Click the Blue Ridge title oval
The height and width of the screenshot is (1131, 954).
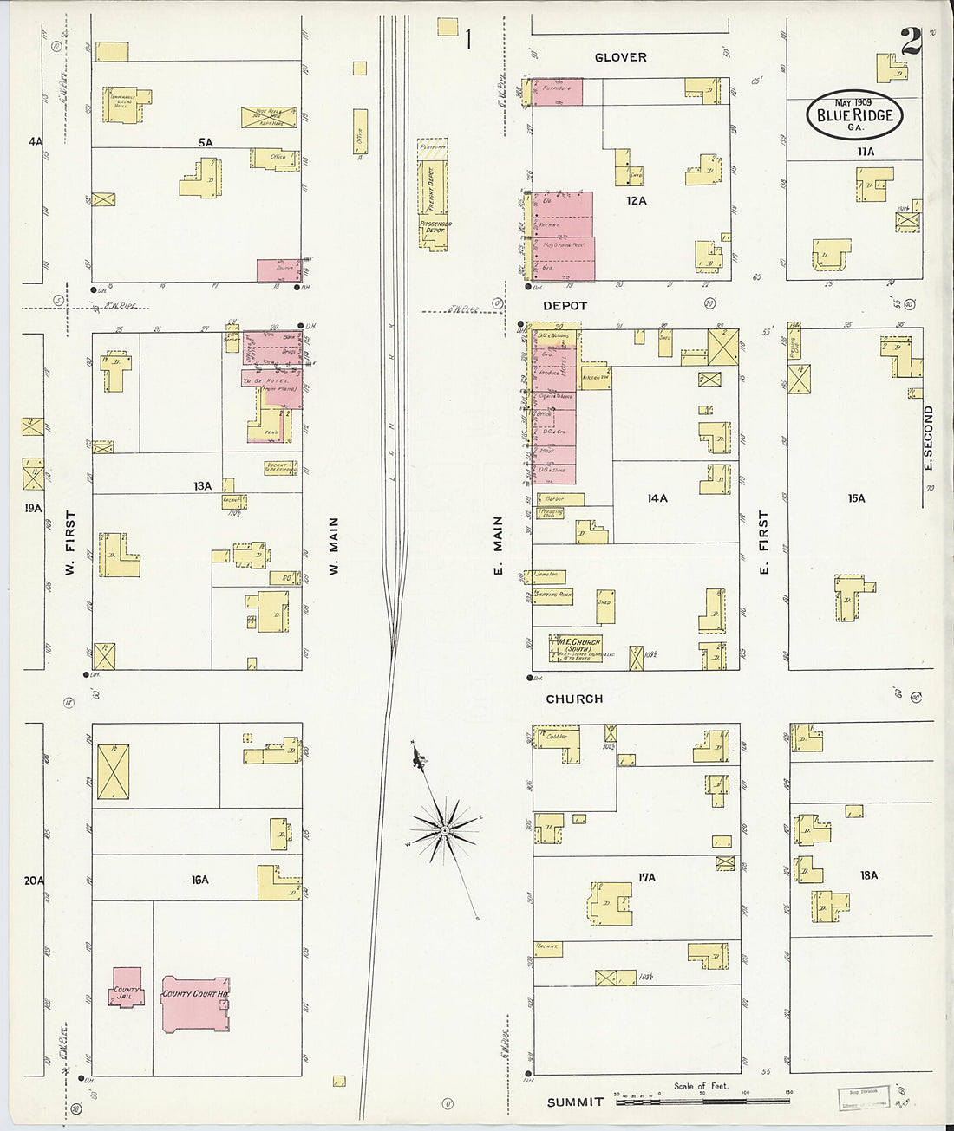click(x=854, y=114)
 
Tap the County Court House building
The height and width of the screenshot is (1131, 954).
click(x=196, y=1004)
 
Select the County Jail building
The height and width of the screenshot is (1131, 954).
click(x=126, y=986)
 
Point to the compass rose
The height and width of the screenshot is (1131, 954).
click(x=444, y=830)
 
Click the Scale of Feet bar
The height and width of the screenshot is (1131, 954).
click(x=702, y=1101)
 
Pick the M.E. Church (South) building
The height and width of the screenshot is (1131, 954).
click(x=576, y=648)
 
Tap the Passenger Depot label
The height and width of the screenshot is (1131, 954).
click(x=435, y=227)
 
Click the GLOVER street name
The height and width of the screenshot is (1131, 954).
click(x=620, y=57)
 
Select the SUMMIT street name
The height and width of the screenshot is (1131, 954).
click(x=575, y=1102)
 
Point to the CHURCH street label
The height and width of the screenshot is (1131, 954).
click(x=574, y=699)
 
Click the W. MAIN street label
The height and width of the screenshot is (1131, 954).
click(x=333, y=547)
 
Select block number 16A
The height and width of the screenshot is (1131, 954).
click(x=200, y=880)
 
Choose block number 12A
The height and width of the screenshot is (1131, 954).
click(x=637, y=200)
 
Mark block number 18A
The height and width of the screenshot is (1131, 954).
click(x=868, y=875)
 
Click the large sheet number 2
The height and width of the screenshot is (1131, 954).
click(x=911, y=41)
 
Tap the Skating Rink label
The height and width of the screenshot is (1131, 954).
click(x=552, y=595)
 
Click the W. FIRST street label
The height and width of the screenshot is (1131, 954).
click(x=70, y=543)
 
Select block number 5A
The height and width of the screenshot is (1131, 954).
click(x=205, y=142)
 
